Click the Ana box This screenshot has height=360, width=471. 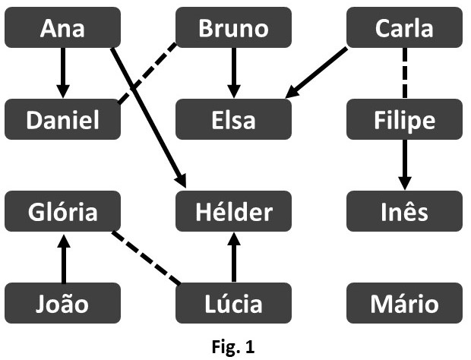[x=62, y=28]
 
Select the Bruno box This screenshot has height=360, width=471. [x=233, y=28]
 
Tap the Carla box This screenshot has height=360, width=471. [x=404, y=28]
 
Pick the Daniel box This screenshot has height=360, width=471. [x=62, y=120]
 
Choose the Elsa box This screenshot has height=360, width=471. [x=233, y=120]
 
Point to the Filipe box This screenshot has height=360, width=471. [x=404, y=120]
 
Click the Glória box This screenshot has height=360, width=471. [x=62, y=211]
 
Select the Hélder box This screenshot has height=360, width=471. [x=233, y=211]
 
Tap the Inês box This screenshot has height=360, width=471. [x=404, y=211]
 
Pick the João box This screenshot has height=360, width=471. [x=62, y=303]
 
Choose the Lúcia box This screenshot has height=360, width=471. [x=233, y=303]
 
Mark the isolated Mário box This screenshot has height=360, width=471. [x=404, y=303]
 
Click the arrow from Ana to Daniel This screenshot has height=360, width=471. [x=62, y=74]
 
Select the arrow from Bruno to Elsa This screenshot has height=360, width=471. [x=233, y=74]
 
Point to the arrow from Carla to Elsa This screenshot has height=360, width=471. [x=318, y=72]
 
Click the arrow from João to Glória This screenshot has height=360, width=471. [x=62, y=257]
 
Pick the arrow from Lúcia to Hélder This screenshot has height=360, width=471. [x=233, y=257]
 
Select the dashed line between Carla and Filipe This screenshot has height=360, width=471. [x=404, y=74]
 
